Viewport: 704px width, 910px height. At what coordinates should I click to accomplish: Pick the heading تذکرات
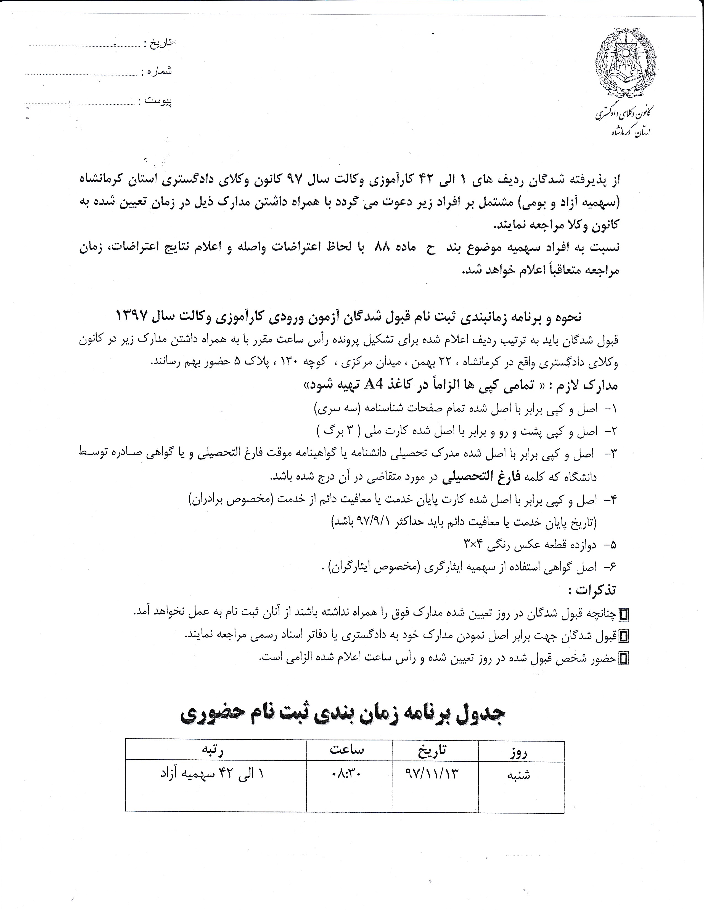[592, 590]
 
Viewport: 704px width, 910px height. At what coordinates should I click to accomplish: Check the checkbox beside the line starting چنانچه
[624, 614]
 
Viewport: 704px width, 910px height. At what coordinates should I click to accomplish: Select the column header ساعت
[347, 749]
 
